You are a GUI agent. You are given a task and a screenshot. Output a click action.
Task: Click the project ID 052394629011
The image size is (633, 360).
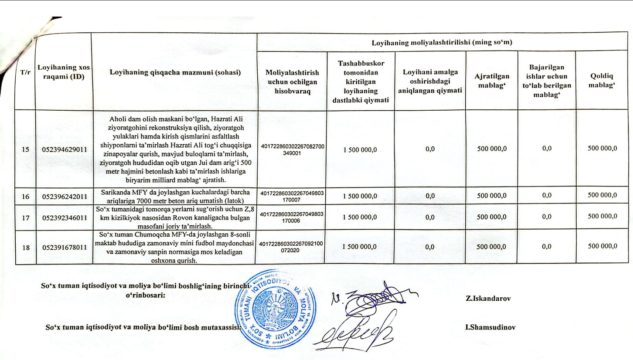tap(65, 149)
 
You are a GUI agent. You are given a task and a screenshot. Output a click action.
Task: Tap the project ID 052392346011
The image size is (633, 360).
tap(65, 216)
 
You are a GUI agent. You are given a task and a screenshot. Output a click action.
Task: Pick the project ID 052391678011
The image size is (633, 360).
tap(65, 247)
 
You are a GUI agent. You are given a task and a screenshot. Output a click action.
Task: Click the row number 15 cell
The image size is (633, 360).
tap(26, 149)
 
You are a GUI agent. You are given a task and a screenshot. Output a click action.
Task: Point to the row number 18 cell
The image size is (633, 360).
tap(26, 247)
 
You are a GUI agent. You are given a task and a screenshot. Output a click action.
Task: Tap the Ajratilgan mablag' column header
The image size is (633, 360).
tap(492, 80)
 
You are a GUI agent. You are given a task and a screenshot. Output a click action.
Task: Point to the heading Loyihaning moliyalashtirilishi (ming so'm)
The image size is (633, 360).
tap(441, 43)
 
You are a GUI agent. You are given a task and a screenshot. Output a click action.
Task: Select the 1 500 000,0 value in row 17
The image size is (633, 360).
tap(360, 216)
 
